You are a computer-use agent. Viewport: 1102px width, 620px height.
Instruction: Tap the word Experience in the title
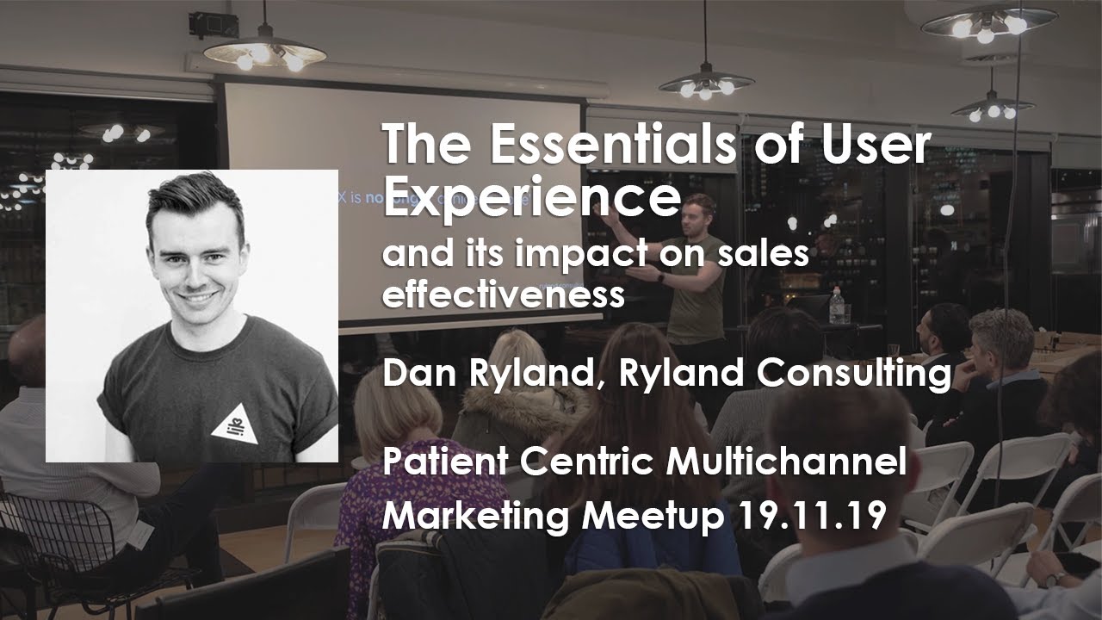coord(531,198)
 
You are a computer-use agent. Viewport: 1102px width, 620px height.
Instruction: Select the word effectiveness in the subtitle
coord(503,294)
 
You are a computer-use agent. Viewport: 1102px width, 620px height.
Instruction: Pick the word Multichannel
coord(786,462)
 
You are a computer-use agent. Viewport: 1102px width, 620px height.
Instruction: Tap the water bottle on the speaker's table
coord(836,307)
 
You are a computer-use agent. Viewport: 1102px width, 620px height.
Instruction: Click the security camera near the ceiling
coord(203,24)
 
